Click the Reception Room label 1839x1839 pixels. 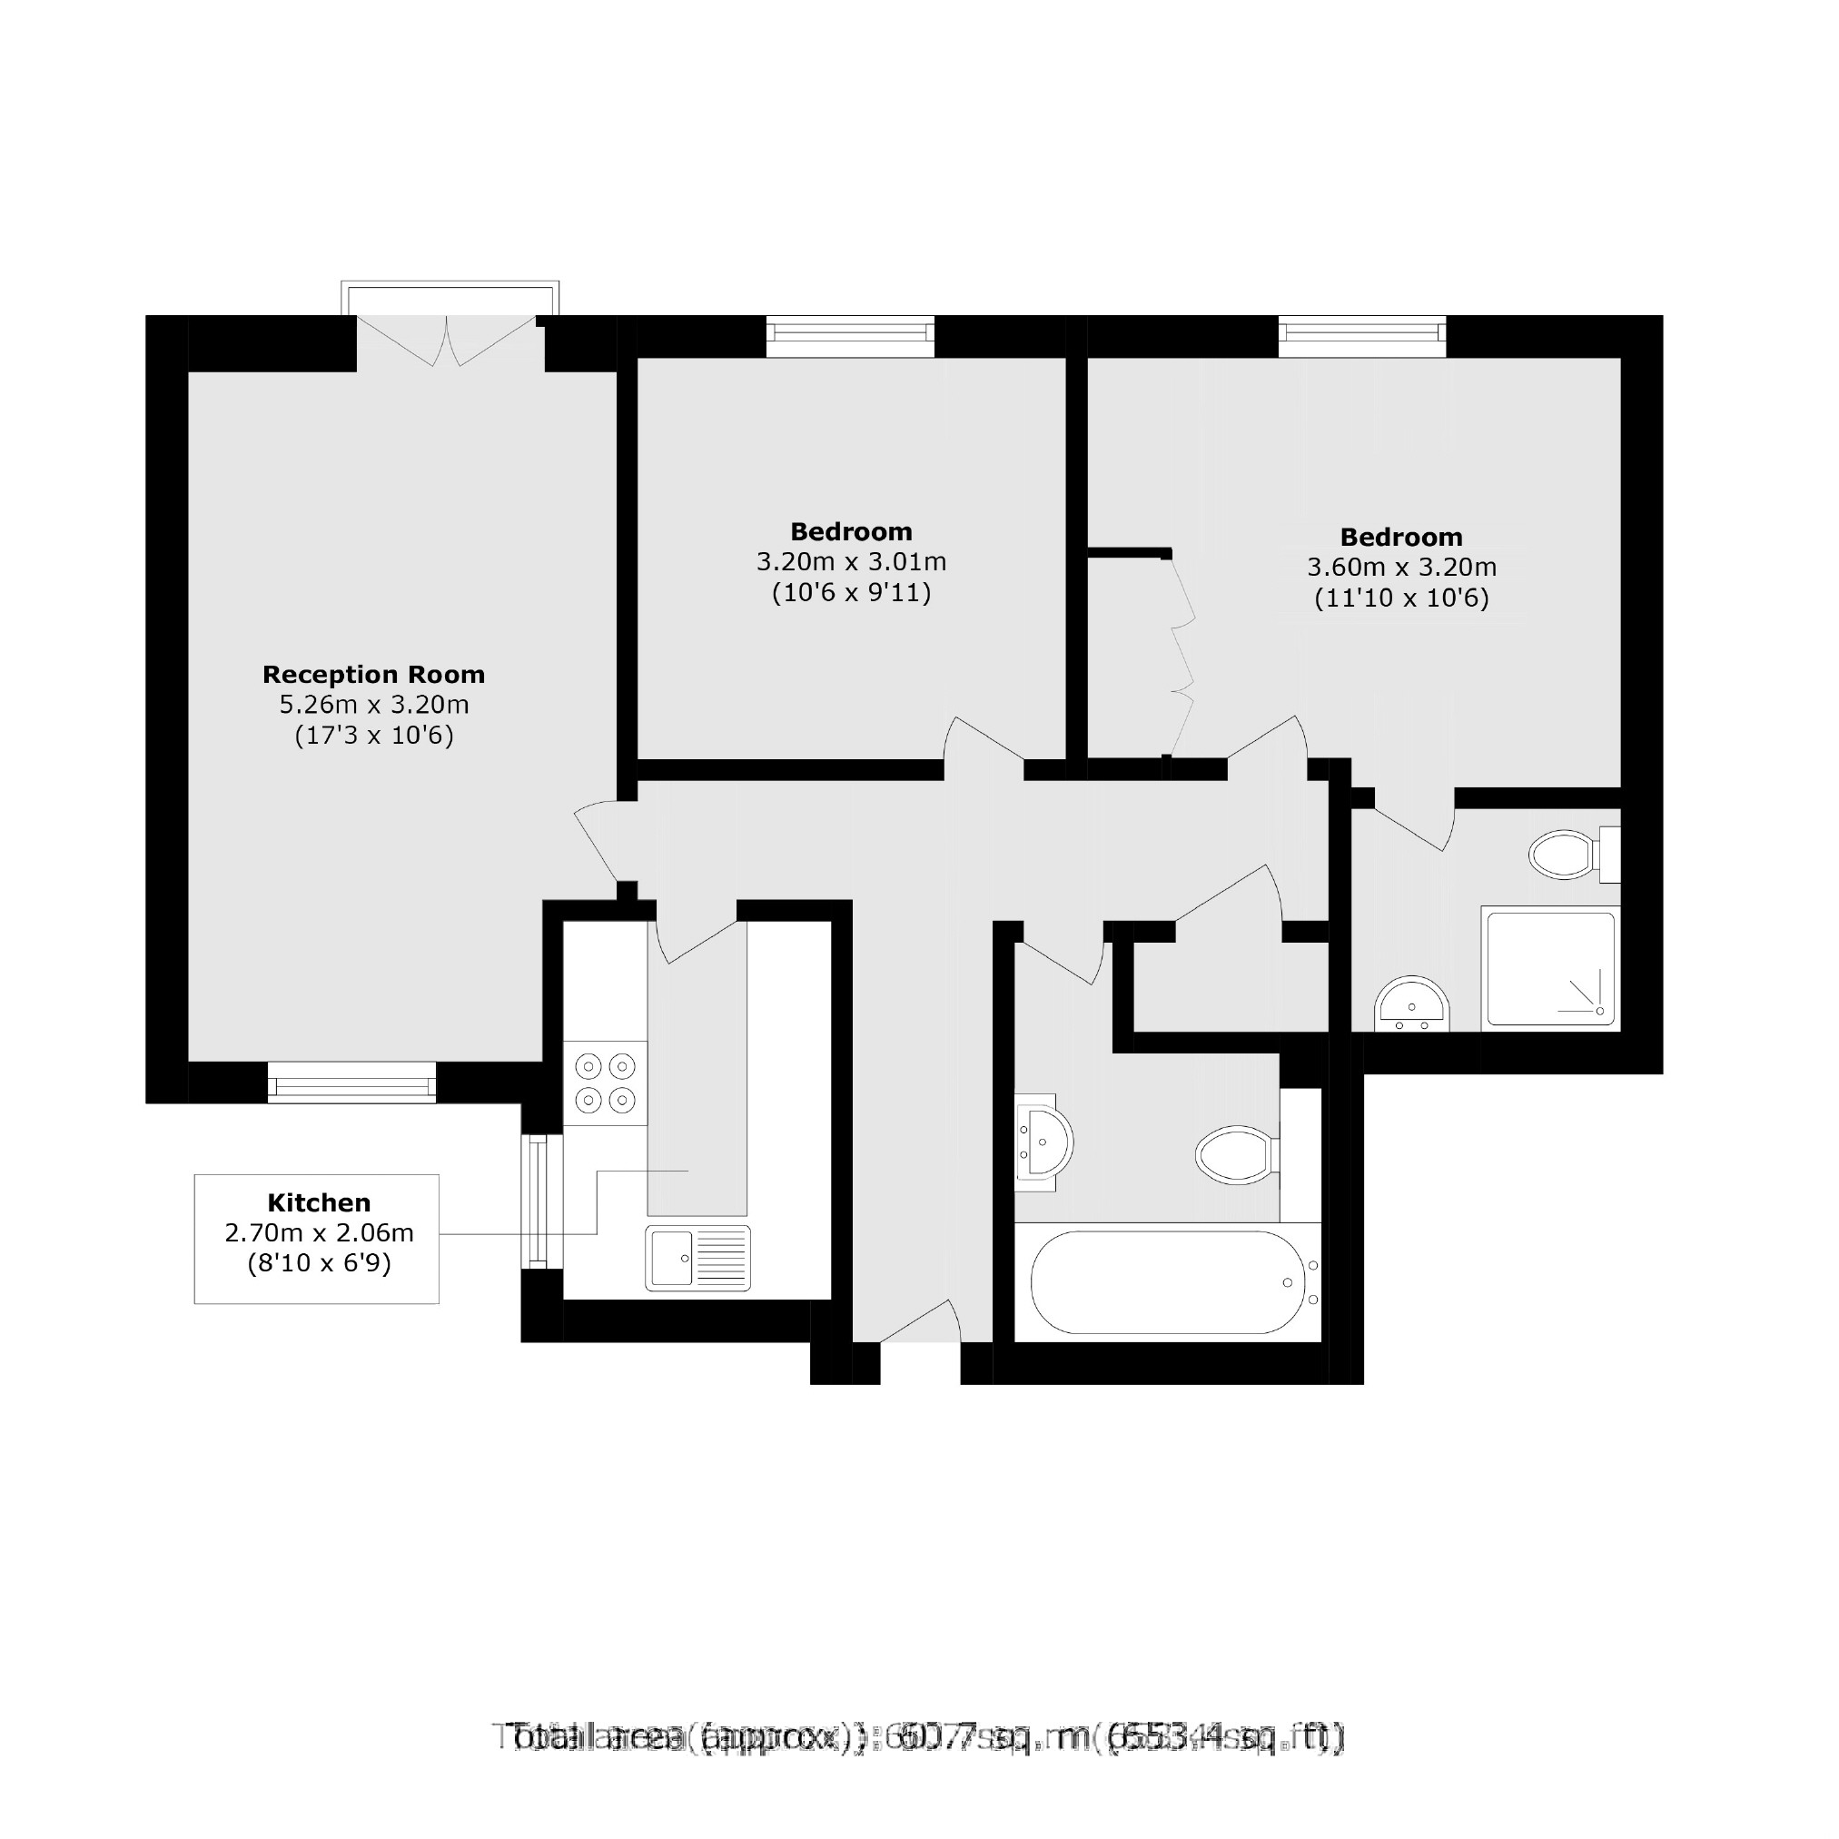click(x=374, y=675)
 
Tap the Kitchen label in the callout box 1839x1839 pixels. click(x=319, y=1202)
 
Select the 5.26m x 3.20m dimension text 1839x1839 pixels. click(x=374, y=706)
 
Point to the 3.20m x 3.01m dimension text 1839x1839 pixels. click(x=851, y=562)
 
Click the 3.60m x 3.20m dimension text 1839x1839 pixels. click(x=1401, y=569)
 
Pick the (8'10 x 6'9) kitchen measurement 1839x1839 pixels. click(x=319, y=1263)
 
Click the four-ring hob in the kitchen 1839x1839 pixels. click(x=606, y=1083)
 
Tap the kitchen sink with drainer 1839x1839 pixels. click(x=697, y=1259)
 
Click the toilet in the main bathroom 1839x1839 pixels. click(x=1235, y=1155)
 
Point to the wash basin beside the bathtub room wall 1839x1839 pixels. click(x=1043, y=1142)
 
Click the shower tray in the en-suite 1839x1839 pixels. click(x=1549, y=969)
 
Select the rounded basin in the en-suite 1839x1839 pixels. click(x=1411, y=1005)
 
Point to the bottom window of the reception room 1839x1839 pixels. click(x=351, y=1083)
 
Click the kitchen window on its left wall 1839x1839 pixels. click(x=539, y=1201)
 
